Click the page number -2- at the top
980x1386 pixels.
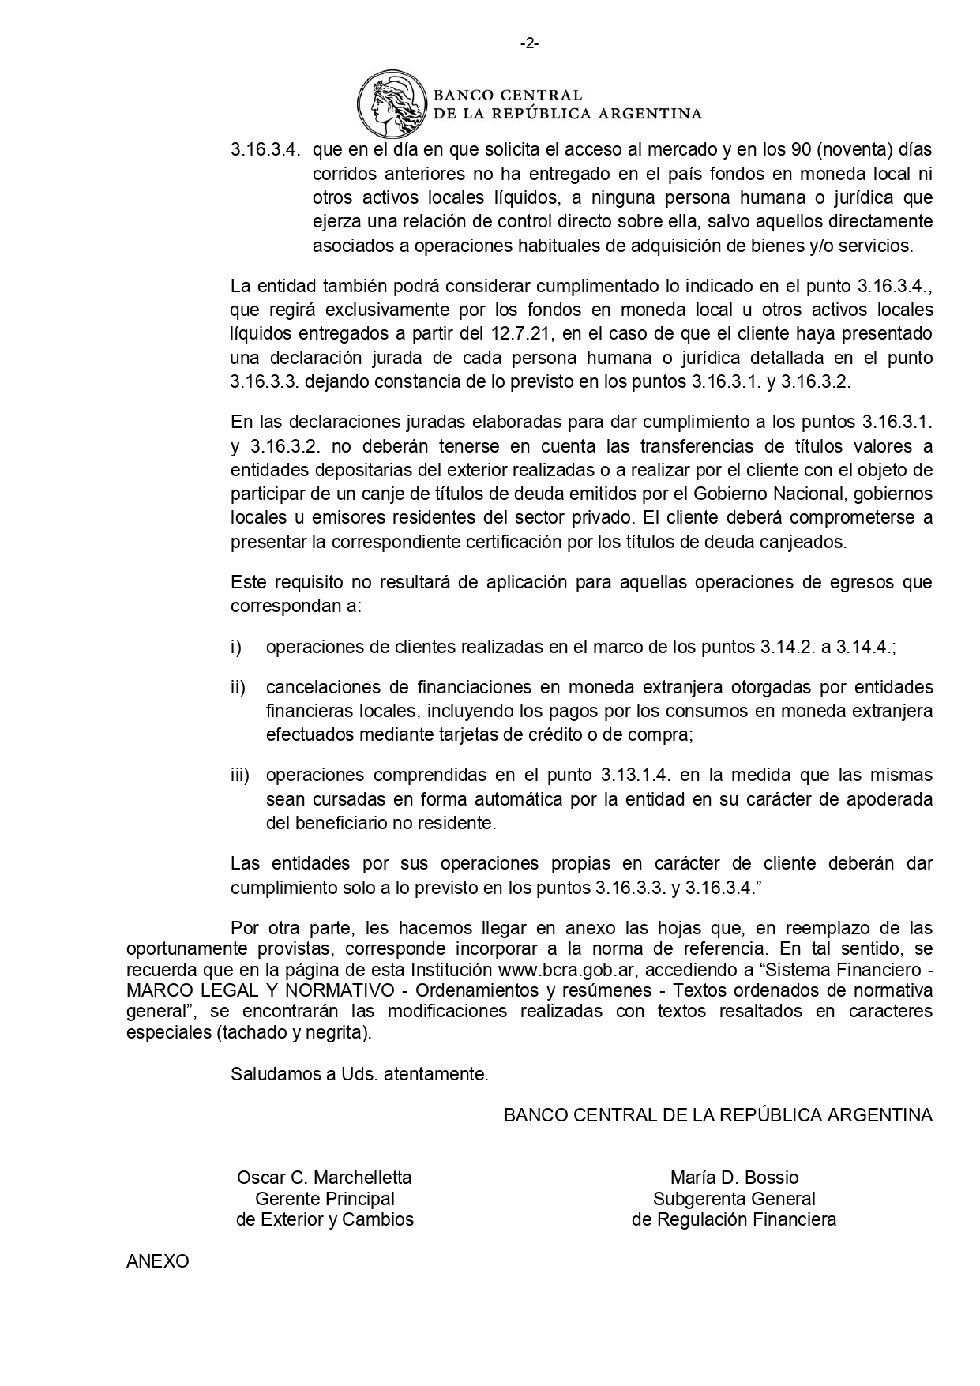529,44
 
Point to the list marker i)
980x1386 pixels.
235,647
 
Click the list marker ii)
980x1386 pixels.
238,687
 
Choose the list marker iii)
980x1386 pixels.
239,775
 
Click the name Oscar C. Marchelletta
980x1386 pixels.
324,1177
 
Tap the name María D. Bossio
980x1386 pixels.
734,1177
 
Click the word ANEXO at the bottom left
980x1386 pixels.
158,1261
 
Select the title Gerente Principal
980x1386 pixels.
325,1198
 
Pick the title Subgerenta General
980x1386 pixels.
734,1198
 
